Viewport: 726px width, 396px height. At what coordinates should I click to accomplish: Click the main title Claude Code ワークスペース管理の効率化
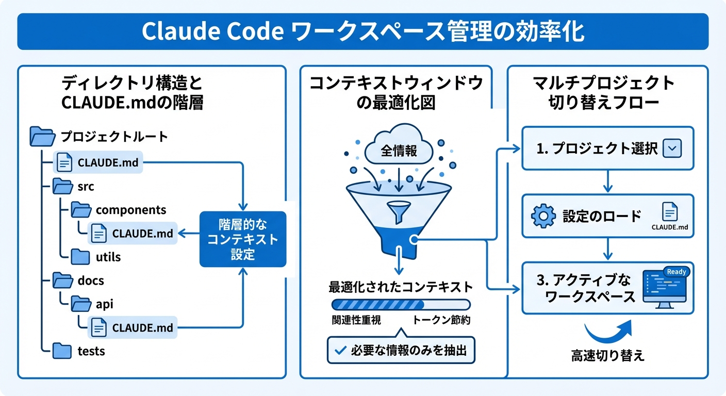pyautogui.click(x=362, y=31)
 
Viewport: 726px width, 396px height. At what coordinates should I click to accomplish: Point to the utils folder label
pyautogui.click(x=108, y=257)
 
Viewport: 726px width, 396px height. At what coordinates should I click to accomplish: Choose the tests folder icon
pyautogui.click(x=62, y=351)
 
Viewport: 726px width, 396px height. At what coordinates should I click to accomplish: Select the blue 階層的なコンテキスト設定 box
pyautogui.click(x=242, y=239)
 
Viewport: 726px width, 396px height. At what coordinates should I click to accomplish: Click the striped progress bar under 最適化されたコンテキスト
pyautogui.click(x=401, y=304)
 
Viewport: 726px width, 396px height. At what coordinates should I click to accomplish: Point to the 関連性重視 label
pyautogui.click(x=356, y=320)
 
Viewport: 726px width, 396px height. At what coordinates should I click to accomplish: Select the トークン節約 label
pyautogui.click(x=441, y=320)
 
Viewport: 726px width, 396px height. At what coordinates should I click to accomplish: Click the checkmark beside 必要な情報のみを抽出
pyautogui.click(x=340, y=351)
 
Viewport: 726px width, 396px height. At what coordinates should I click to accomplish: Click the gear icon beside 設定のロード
pyautogui.click(x=543, y=216)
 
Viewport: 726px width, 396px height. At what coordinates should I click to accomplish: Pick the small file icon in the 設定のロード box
pyautogui.click(x=669, y=212)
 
